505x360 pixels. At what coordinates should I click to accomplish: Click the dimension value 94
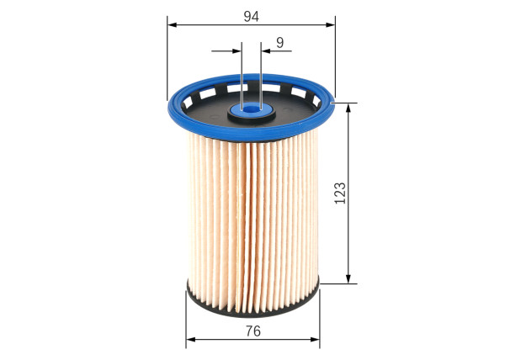pyautogui.click(x=251, y=14)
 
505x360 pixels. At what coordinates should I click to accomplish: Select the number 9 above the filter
pyautogui.click(x=279, y=41)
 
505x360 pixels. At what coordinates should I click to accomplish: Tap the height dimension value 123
pyautogui.click(x=339, y=193)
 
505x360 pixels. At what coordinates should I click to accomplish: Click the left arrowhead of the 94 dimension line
pyautogui.click(x=172, y=24)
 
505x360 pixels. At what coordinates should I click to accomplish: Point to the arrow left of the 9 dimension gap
pyautogui.click(x=237, y=51)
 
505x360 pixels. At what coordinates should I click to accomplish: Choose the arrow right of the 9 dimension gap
pyautogui.click(x=267, y=51)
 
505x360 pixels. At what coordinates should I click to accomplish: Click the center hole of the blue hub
pyautogui.click(x=252, y=107)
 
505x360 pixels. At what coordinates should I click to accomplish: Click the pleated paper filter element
pyautogui.click(x=252, y=210)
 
